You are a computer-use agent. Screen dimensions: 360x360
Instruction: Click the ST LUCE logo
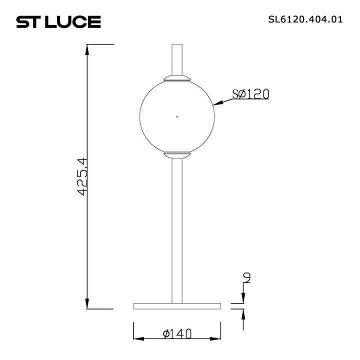pos(59,21)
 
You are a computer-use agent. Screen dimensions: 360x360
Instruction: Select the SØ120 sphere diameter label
pos(250,94)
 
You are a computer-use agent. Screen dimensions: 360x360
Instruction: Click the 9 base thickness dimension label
pos(246,277)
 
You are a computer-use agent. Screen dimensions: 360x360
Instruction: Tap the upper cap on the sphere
pos(176,78)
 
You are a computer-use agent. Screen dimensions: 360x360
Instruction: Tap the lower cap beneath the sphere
pos(176,154)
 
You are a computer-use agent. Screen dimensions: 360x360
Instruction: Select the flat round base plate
pos(176,305)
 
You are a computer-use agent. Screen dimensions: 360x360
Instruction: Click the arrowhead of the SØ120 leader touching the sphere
pos(216,104)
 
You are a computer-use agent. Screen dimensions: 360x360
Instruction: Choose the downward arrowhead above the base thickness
pos(243,299)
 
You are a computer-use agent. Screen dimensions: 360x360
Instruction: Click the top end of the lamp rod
pos(176,45)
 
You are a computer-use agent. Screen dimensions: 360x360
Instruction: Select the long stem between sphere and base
pos(176,230)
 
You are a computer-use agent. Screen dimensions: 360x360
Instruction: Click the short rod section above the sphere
pos(176,60)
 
